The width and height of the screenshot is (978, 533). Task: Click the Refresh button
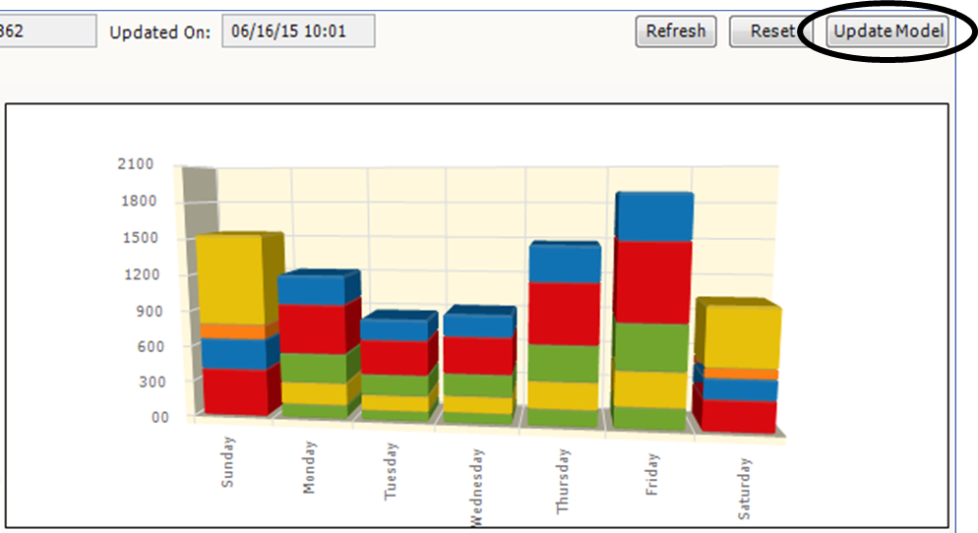(x=676, y=31)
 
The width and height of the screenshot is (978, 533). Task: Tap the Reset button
(x=770, y=31)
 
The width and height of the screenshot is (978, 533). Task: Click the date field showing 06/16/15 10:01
(x=298, y=31)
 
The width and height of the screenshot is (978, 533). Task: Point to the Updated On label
(x=159, y=32)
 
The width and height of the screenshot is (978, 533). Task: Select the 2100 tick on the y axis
(x=136, y=164)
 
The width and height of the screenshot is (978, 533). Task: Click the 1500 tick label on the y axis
(x=136, y=238)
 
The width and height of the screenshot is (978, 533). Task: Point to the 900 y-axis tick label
(x=140, y=311)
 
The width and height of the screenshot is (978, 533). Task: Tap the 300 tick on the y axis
(x=140, y=382)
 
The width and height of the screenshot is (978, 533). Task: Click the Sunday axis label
(x=227, y=462)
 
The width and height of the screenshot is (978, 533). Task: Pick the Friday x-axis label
(x=652, y=473)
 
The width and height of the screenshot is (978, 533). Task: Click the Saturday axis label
(x=744, y=488)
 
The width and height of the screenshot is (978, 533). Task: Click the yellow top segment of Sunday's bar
(x=230, y=279)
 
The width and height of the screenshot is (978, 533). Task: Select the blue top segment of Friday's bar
(x=652, y=217)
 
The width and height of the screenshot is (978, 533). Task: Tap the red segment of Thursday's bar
(x=564, y=313)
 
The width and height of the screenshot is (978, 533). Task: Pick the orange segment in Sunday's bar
(x=230, y=331)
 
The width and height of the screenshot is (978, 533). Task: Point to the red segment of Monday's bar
(x=313, y=328)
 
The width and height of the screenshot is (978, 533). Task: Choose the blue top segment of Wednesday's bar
(x=477, y=324)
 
